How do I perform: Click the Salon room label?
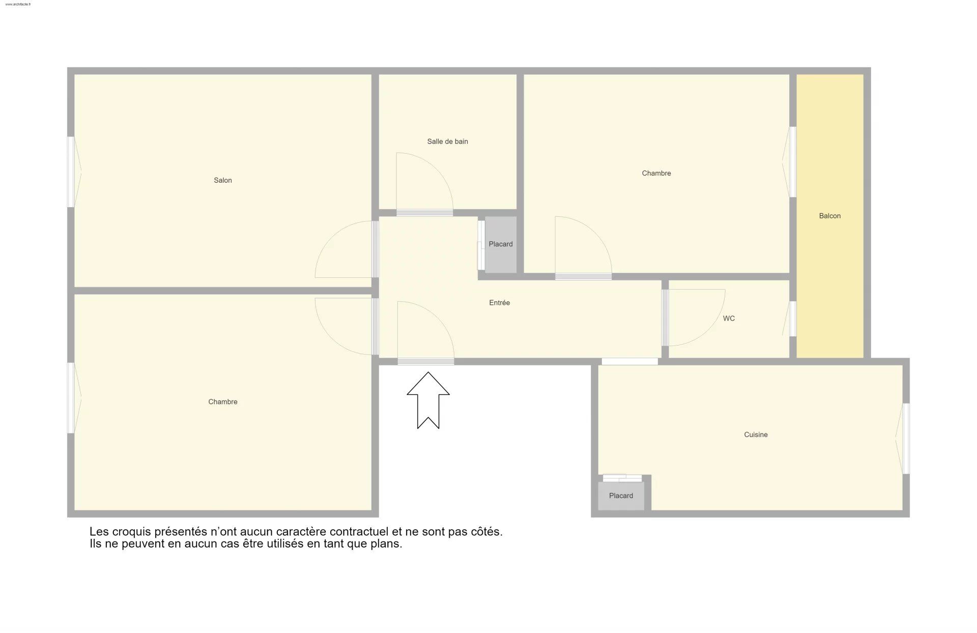(x=223, y=180)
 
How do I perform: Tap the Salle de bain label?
(x=448, y=141)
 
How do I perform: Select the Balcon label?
(x=830, y=216)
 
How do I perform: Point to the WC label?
(x=729, y=319)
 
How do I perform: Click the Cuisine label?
(x=756, y=435)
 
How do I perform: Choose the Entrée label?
(x=500, y=303)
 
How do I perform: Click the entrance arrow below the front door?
(x=428, y=400)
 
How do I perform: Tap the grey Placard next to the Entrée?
(x=501, y=244)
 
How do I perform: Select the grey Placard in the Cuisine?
(x=621, y=496)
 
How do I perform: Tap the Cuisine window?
(x=903, y=439)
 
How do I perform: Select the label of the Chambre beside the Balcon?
(x=656, y=174)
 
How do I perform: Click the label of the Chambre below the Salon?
(x=223, y=402)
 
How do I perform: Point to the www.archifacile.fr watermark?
(x=18, y=4)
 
